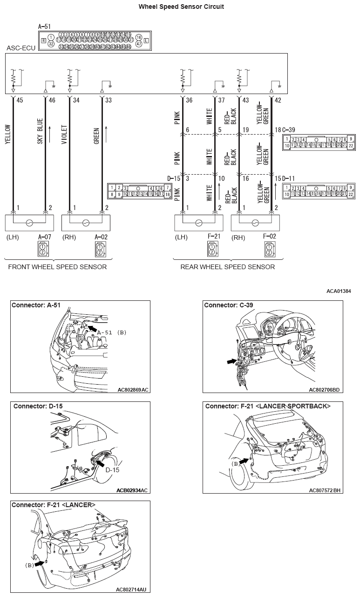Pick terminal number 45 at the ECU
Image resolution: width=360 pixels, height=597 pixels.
[x=20, y=100]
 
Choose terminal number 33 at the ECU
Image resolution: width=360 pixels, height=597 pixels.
[x=108, y=100]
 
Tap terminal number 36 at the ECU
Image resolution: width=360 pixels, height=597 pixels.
[x=189, y=100]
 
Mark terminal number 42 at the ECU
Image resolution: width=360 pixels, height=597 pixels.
[x=278, y=100]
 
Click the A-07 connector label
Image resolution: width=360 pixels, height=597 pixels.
[x=44, y=237]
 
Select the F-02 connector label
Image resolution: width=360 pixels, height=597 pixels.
[x=269, y=237]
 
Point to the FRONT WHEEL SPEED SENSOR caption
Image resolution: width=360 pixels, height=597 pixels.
[x=57, y=267]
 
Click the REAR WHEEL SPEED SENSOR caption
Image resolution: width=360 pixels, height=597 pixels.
[x=228, y=267]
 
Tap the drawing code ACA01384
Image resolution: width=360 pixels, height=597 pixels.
[x=339, y=291]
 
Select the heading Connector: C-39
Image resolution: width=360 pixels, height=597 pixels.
[x=229, y=305]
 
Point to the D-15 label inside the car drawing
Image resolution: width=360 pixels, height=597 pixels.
[x=112, y=470]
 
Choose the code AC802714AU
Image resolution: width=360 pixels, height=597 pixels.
[x=132, y=590]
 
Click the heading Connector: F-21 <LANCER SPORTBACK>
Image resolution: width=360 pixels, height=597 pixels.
[x=268, y=406]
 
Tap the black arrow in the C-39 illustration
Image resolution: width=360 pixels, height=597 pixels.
[x=231, y=360]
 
